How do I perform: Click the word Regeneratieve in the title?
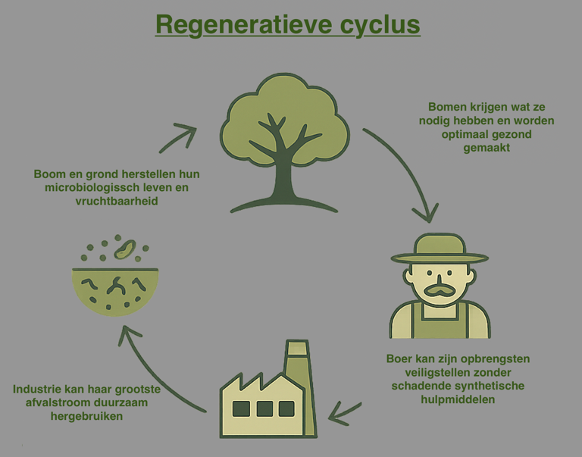[244, 25]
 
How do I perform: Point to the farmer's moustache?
[440, 290]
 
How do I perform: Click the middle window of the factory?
[264, 408]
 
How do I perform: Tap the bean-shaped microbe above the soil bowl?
[125, 249]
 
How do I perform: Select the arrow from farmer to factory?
[344, 414]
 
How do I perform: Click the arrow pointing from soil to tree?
[178, 137]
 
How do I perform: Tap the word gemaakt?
[487, 148]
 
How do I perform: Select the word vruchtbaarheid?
[117, 201]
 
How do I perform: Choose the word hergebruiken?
[86, 416]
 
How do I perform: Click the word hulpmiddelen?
[458, 399]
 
